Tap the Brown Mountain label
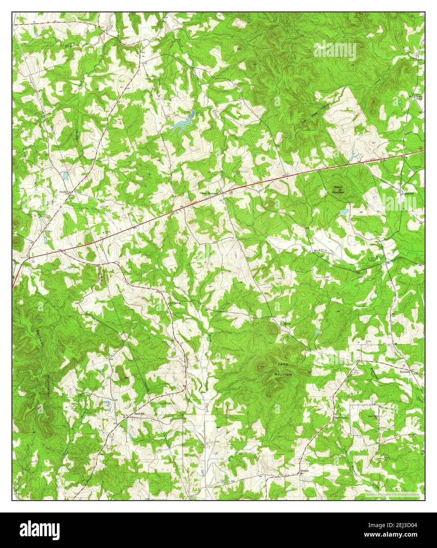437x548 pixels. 338,190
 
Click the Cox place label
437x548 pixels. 143,51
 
